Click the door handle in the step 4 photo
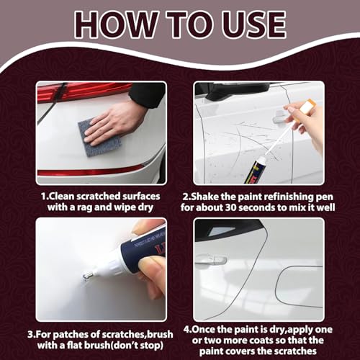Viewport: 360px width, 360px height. (211, 261)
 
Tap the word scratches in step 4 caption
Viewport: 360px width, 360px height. (295, 351)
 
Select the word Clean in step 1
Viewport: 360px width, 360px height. (61, 197)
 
